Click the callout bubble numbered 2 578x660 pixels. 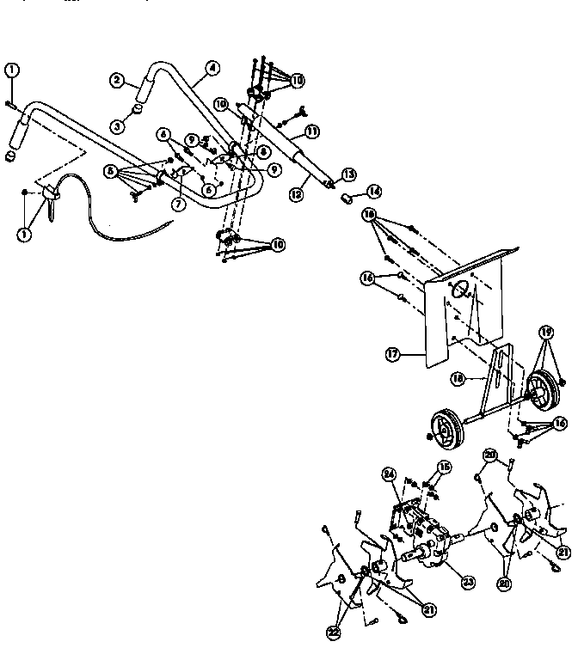click(116, 81)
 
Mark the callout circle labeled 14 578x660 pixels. click(372, 191)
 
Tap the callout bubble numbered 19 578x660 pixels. click(545, 332)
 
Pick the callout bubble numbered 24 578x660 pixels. click(388, 473)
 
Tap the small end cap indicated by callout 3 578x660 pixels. click(136, 109)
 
